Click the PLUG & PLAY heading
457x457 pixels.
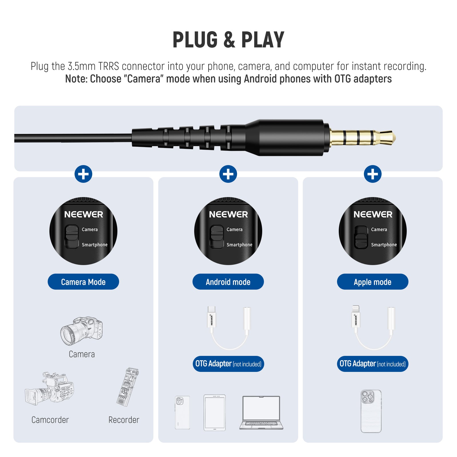[228, 40]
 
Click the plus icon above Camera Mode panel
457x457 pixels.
[83, 174]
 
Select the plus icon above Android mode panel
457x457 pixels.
[228, 174]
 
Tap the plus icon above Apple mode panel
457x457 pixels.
[372, 174]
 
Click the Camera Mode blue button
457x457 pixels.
[83, 282]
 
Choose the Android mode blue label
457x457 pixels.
[228, 282]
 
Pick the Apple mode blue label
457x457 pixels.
[372, 282]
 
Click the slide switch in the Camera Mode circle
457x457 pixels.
[72, 236]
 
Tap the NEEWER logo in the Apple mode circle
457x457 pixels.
[373, 215]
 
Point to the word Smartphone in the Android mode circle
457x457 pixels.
[239, 245]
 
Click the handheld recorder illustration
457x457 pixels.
[127, 387]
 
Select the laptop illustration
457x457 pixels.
[261, 412]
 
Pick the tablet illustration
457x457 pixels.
[215, 412]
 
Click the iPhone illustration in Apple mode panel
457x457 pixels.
[371, 411]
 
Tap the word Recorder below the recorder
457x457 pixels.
[124, 420]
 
